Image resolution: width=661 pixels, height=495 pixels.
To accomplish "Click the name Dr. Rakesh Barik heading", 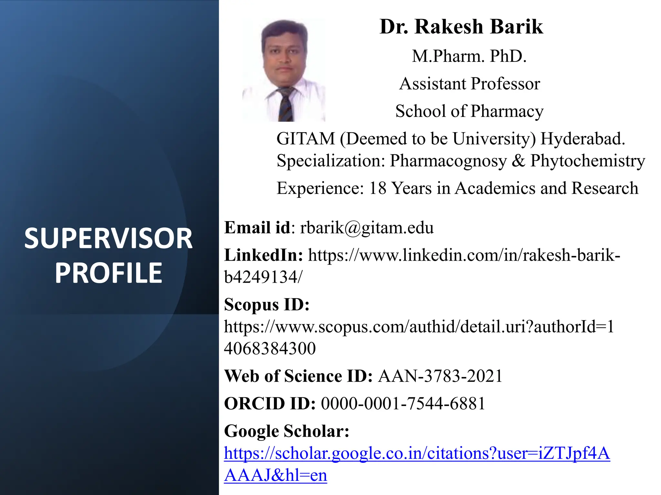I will (461, 26).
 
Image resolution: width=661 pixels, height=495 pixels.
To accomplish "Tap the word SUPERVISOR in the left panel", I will (108, 238).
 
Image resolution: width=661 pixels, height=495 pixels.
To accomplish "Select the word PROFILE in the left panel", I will (108, 273).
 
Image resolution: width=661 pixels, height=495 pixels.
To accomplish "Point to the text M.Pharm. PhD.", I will (469, 56).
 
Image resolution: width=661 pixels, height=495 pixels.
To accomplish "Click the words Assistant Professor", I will (469, 84).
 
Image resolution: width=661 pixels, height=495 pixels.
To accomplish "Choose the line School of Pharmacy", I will (469, 111).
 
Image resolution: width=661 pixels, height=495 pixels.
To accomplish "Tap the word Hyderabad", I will (583, 139).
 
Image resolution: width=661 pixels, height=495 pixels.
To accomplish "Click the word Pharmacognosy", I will (448, 160).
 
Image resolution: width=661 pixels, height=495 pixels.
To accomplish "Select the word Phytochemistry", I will (587, 160).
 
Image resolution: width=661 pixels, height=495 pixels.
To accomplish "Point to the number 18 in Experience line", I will (377, 188).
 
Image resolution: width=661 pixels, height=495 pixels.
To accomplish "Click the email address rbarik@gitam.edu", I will (367, 228).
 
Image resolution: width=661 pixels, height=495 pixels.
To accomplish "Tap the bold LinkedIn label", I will (263, 255).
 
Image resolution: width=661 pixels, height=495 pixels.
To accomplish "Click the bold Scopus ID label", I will (267, 305).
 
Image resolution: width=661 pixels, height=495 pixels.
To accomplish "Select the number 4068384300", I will (270, 348).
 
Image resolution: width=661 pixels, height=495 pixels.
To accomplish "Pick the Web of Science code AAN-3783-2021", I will (440, 376).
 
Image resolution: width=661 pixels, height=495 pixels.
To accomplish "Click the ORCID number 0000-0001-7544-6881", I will (403, 403).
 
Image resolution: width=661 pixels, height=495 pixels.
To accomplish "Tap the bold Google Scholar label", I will (287, 431).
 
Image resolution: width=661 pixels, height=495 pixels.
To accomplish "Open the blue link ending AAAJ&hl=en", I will (276, 475).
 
